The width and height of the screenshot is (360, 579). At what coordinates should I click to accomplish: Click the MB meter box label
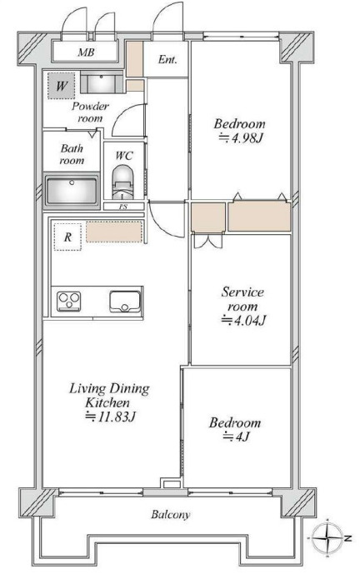point(86,52)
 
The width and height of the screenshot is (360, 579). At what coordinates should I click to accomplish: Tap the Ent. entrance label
point(167,59)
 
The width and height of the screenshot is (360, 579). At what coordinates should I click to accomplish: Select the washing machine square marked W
point(62,86)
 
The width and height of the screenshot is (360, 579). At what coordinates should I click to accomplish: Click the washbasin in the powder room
point(101,83)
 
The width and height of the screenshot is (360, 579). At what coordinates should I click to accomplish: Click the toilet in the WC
point(122,182)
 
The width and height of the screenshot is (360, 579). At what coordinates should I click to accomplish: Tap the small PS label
point(123,207)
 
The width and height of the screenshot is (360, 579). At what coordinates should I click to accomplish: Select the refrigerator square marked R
point(67,237)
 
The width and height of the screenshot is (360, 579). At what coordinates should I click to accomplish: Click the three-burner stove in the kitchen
point(68,301)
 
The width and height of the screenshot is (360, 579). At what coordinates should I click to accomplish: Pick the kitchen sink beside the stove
point(125,302)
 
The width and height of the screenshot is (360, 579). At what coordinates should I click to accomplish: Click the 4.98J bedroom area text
point(241,138)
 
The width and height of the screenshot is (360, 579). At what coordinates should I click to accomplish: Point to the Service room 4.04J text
point(243,306)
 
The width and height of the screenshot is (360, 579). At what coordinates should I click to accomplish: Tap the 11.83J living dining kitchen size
point(111,417)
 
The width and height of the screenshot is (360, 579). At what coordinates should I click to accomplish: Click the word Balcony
point(171,515)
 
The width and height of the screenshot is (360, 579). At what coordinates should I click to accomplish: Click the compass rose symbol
point(327,538)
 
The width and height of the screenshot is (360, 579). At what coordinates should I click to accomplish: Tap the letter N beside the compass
point(347,538)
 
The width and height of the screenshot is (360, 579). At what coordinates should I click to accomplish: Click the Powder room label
point(91,112)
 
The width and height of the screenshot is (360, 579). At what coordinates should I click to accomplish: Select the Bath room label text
point(72,154)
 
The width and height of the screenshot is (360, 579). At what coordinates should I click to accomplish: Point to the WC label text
point(124,156)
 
